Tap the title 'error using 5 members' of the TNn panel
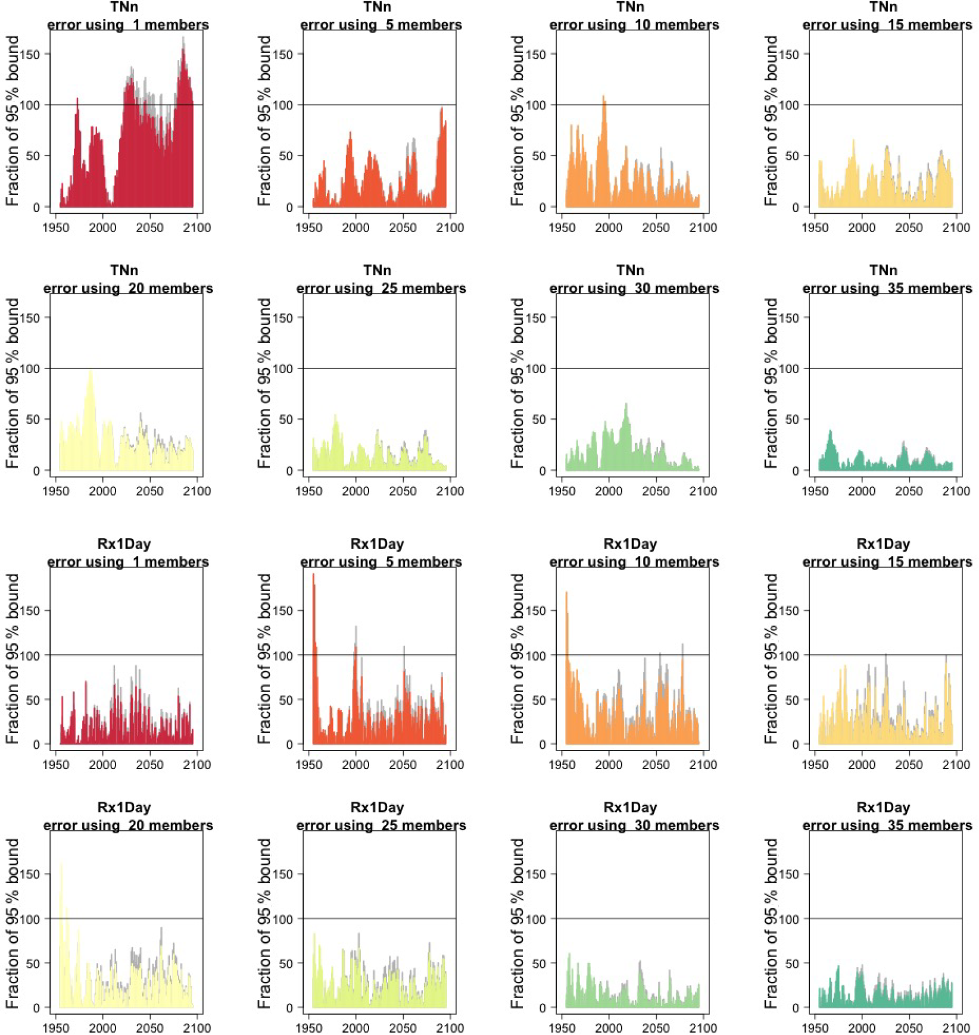[x=381, y=25]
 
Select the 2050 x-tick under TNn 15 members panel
[x=909, y=228]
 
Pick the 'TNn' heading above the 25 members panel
[x=377, y=271]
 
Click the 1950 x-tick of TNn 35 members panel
[x=815, y=492]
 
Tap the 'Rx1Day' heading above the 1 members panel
[x=124, y=544]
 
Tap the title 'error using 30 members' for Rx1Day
[x=634, y=826]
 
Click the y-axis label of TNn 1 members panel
[x=12, y=121]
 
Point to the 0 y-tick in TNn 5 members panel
[x=289, y=208]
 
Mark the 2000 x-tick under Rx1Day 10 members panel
[x=609, y=765]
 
